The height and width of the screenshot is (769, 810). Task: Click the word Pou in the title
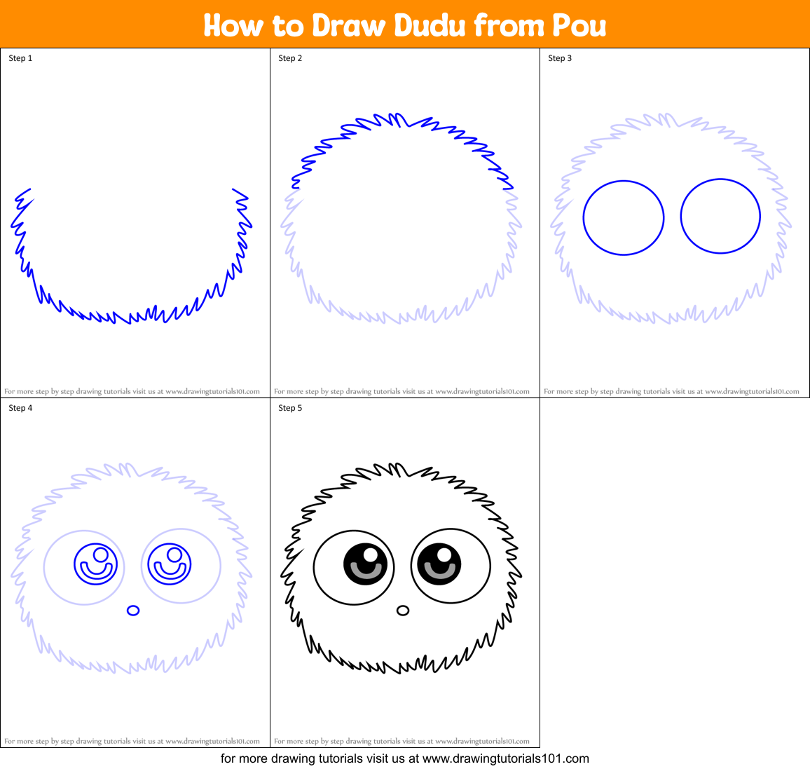click(x=579, y=26)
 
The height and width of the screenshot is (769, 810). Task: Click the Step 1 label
click(x=20, y=58)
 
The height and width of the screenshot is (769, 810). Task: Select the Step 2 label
click(x=290, y=58)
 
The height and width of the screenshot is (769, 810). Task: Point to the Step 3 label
click(x=560, y=58)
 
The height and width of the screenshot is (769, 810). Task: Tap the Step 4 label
click(x=20, y=408)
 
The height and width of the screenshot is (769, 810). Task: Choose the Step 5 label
click(x=290, y=408)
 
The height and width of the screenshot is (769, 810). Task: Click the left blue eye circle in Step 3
click(x=624, y=217)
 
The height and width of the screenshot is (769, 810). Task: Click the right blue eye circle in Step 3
click(x=720, y=217)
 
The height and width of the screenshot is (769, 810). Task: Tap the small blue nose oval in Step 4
click(x=133, y=611)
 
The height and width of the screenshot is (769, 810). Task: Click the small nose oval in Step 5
click(x=403, y=611)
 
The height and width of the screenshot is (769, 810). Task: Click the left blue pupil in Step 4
click(x=95, y=564)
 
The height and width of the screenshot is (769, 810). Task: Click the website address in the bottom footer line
click(x=506, y=758)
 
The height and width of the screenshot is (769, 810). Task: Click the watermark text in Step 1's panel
click(x=132, y=392)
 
